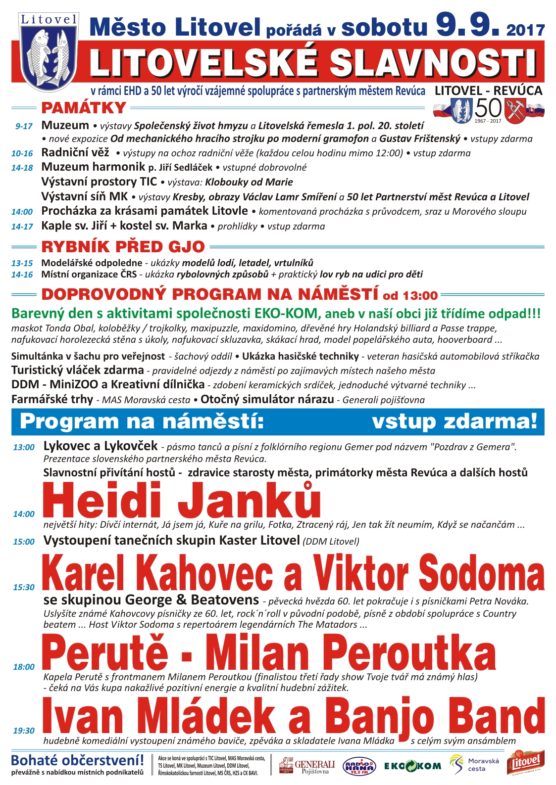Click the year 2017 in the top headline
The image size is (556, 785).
tap(525, 31)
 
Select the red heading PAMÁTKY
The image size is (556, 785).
tap(84, 107)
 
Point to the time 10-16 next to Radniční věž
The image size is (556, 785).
tap(22, 153)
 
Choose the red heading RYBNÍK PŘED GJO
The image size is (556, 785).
tap(123, 246)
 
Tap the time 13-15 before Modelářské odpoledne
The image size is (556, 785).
tap(22, 263)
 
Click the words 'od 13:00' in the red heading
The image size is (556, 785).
tap(410, 296)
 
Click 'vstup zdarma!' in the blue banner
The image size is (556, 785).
tap(454, 421)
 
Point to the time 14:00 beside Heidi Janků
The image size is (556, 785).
tap(24, 514)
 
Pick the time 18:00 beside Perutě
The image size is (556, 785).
tap(24, 667)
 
